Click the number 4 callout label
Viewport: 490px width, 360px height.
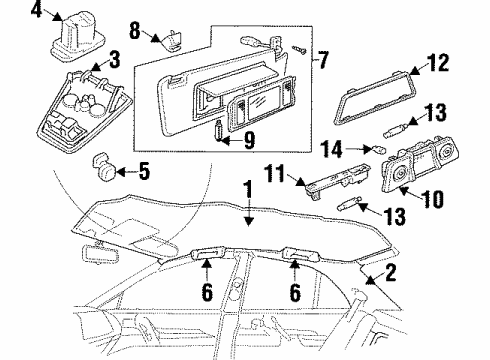coord(9,13)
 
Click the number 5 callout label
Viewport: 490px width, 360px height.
coord(143,171)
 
